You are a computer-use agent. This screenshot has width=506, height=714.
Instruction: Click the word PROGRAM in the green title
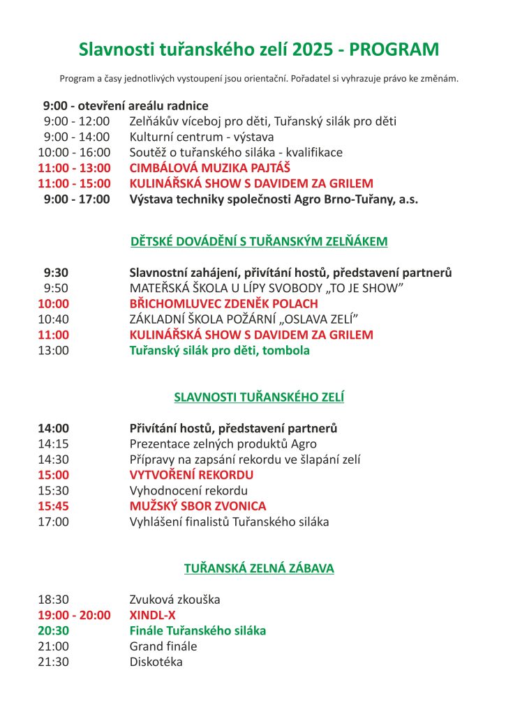click(394, 50)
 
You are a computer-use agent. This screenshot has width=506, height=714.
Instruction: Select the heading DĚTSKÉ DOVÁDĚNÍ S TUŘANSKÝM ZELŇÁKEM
click(259, 242)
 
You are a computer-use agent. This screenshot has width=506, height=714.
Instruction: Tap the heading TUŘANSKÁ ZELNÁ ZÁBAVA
click(259, 568)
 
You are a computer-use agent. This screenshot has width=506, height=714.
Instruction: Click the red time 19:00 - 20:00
click(74, 615)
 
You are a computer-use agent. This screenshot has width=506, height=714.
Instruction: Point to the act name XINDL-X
click(152, 615)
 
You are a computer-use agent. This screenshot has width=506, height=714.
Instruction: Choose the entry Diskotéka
click(156, 662)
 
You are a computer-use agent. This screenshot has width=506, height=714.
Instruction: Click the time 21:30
click(54, 662)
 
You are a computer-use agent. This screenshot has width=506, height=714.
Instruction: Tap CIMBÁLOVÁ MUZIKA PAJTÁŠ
click(209, 168)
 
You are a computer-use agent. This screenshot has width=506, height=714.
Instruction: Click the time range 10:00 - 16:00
click(74, 152)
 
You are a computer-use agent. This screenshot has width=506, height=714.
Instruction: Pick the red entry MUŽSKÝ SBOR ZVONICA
click(198, 506)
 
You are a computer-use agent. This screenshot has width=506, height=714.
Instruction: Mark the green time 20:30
click(54, 630)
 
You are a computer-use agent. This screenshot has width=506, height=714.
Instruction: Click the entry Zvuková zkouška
click(174, 599)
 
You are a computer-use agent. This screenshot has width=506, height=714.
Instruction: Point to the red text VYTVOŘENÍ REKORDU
click(191, 475)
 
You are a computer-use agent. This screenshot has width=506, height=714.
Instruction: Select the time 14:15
click(54, 444)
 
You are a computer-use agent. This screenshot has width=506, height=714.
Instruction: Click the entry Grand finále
click(163, 646)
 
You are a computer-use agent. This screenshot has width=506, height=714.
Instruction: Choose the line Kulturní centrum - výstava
click(202, 137)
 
